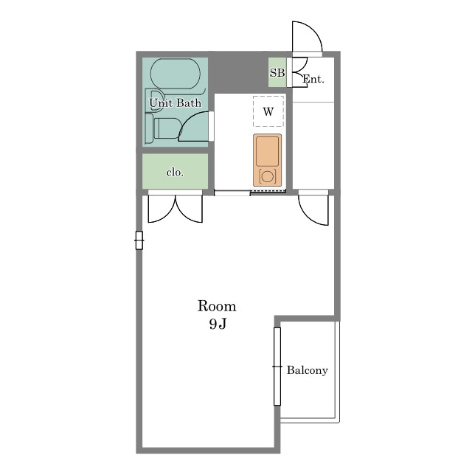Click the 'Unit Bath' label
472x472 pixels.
[x=176, y=103]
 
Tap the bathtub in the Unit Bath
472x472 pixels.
[x=176, y=74]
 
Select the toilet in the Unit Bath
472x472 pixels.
[x=163, y=128]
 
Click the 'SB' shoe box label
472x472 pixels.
[x=277, y=72]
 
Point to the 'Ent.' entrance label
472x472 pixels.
[x=313, y=79]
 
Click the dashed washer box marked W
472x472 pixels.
[x=268, y=111]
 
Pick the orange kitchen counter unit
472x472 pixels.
[x=267, y=160]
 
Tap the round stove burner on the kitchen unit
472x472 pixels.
[x=267, y=176]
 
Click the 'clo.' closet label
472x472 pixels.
[x=175, y=173]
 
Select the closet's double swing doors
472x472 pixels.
[x=176, y=208]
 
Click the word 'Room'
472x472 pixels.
[x=217, y=306]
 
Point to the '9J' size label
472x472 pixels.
[x=218, y=324]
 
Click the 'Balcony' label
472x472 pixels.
[x=307, y=370]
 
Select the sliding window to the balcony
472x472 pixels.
[x=277, y=367]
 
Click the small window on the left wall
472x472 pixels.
[x=139, y=240]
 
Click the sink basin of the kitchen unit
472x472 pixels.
[x=267, y=151]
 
